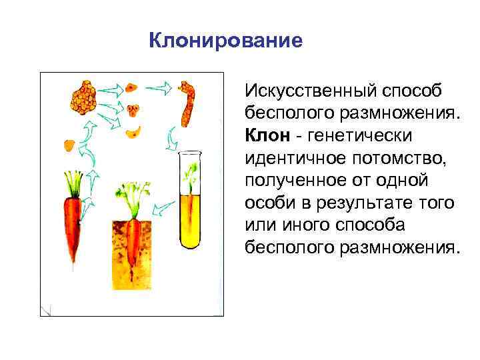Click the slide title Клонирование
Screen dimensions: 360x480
click(x=225, y=41)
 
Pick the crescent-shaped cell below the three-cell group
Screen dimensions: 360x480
click(x=135, y=129)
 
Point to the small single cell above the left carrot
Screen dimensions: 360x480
click(x=69, y=143)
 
